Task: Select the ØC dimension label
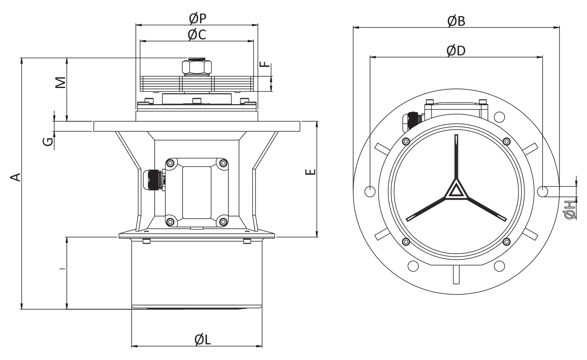(x=197, y=35)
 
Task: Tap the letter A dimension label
(x=16, y=176)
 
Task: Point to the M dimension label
(x=61, y=82)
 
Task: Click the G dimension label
(x=49, y=141)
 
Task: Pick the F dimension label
(x=264, y=64)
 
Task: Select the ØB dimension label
(x=456, y=21)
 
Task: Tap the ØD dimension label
(x=456, y=50)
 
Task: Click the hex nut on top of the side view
(x=196, y=67)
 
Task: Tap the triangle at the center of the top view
(x=455, y=190)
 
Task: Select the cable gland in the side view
(x=154, y=180)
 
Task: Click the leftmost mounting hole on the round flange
(x=370, y=191)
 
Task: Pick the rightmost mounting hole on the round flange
(x=542, y=191)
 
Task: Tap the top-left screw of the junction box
(x=170, y=163)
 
